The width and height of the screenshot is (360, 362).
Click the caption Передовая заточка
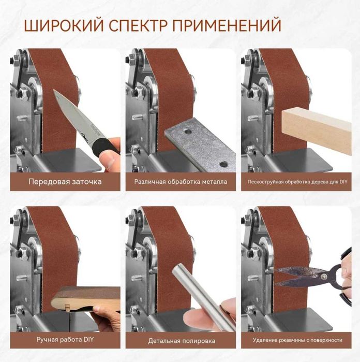(65, 182)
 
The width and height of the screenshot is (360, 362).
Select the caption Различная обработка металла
(181, 182)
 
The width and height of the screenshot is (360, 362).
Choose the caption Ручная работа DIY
(65, 340)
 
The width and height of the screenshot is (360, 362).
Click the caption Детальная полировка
(182, 340)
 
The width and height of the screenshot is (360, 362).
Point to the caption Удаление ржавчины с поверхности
(297, 340)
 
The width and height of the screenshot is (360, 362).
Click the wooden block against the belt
(316, 127)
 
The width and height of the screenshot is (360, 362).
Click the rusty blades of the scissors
(300, 274)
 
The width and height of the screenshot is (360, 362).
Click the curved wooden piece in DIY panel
(83, 297)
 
